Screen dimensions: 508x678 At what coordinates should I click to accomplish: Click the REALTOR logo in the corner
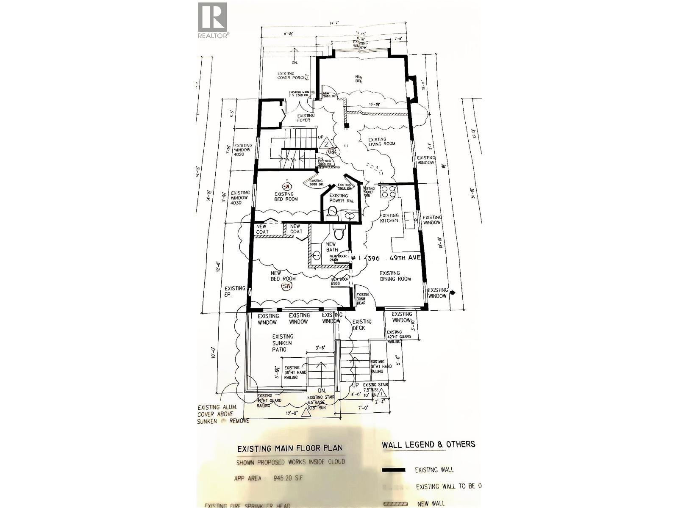(x=213, y=19)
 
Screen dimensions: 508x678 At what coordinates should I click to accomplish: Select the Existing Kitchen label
(x=389, y=218)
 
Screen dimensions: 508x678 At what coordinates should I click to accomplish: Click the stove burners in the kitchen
(x=387, y=192)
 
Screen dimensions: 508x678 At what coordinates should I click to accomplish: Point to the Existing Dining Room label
(x=395, y=276)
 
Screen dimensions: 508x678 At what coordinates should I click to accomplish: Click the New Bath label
(x=331, y=247)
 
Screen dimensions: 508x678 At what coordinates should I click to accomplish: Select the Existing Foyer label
(x=306, y=118)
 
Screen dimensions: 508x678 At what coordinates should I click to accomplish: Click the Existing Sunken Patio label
(x=283, y=342)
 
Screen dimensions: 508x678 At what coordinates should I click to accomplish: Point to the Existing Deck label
(x=361, y=325)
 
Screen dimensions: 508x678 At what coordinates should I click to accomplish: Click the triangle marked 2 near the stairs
(x=326, y=144)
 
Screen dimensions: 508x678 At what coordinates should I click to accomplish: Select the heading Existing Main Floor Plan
(x=290, y=448)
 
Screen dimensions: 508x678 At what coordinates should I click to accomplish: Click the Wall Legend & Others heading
(x=428, y=444)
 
